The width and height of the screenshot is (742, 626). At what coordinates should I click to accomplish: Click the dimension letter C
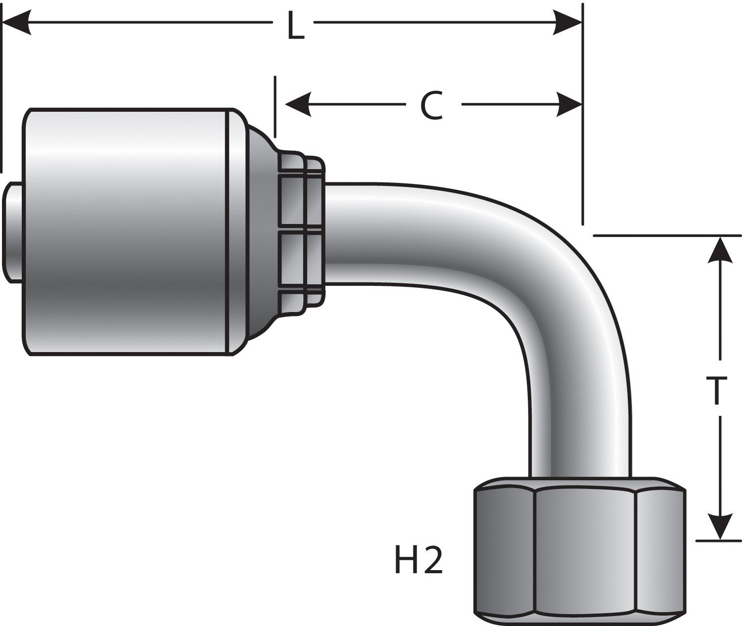pos(431,105)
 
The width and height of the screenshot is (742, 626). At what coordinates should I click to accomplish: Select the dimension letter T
pos(716,391)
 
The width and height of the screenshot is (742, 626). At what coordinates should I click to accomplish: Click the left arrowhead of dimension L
pos(17,22)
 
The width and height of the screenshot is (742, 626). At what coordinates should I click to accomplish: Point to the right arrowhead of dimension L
pos(567,22)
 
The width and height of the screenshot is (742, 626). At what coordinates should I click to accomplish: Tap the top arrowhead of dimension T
pos(720,250)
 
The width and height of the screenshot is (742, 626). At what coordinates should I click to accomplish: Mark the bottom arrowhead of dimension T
pos(720,526)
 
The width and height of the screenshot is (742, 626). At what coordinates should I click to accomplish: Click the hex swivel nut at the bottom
pos(579,549)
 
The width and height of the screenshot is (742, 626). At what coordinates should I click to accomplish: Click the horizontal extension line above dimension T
pos(663,235)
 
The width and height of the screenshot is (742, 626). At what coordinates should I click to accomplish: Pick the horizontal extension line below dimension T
pos(717,541)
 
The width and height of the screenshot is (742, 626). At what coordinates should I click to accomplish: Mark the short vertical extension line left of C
pos(275,106)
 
